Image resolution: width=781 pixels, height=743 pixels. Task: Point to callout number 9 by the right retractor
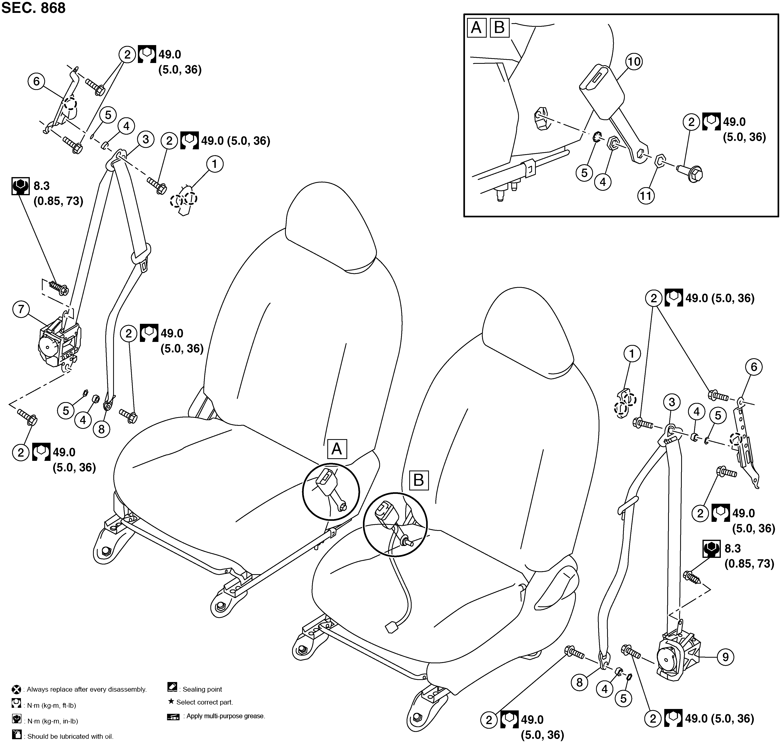pyautogui.click(x=726, y=657)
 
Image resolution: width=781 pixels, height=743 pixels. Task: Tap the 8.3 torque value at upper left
pyautogui.click(x=42, y=186)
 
